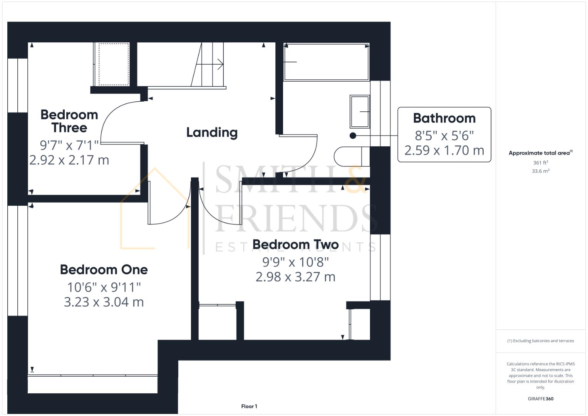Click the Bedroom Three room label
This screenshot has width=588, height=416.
69,121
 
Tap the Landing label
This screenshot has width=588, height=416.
212,133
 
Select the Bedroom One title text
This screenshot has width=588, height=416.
104,270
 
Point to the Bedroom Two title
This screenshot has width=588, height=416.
295,245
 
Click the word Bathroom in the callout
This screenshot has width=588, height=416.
444,118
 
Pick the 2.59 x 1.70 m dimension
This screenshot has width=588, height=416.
444,150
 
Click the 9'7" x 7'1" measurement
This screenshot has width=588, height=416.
69,145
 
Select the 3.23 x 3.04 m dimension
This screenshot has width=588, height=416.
104,302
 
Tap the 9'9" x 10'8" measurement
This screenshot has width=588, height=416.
295,262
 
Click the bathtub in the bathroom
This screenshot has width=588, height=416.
326,62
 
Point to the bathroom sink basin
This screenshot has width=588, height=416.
360,112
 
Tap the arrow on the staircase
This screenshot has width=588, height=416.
220,64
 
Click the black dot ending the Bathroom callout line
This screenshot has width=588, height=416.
353,136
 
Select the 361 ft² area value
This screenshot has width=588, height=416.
540,163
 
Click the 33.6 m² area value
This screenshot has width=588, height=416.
540,171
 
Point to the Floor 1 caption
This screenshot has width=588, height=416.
249,406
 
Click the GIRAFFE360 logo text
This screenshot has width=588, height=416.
540,399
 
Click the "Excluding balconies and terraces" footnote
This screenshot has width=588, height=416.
540,341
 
